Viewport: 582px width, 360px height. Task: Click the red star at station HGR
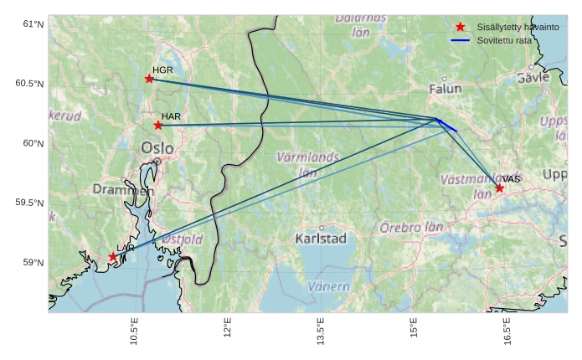tap(149, 79)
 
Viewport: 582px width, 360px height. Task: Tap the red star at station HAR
tap(158, 126)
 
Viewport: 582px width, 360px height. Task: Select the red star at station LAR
tap(113, 257)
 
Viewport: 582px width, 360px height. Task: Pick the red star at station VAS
tap(499, 188)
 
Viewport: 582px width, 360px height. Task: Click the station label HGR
tap(162, 69)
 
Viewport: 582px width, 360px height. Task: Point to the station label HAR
tap(171, 116)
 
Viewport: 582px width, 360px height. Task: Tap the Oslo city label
tap(157, 149)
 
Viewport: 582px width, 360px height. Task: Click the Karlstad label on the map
tap(321, 239)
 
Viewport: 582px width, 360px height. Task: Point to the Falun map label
tap(445, 89)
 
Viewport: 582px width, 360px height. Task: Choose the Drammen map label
tap(123, 191)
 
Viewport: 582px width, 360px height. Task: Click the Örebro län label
tap(411, 227)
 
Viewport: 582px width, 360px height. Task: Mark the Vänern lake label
tap(328, 286)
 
